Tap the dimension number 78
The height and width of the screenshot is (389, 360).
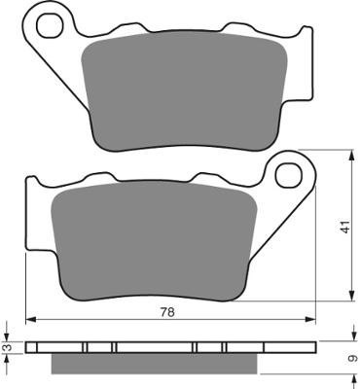tap(167, 312)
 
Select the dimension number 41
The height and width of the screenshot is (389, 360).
tap(346, 227)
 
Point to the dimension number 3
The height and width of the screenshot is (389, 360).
tap(10, 348)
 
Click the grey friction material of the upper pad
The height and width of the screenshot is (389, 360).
tap(185, 91)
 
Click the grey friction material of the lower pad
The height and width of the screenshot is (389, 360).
tap(155, 241)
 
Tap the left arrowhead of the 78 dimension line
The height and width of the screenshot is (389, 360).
tap(30, 320)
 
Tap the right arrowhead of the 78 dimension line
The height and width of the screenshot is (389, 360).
tap(310, 320)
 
